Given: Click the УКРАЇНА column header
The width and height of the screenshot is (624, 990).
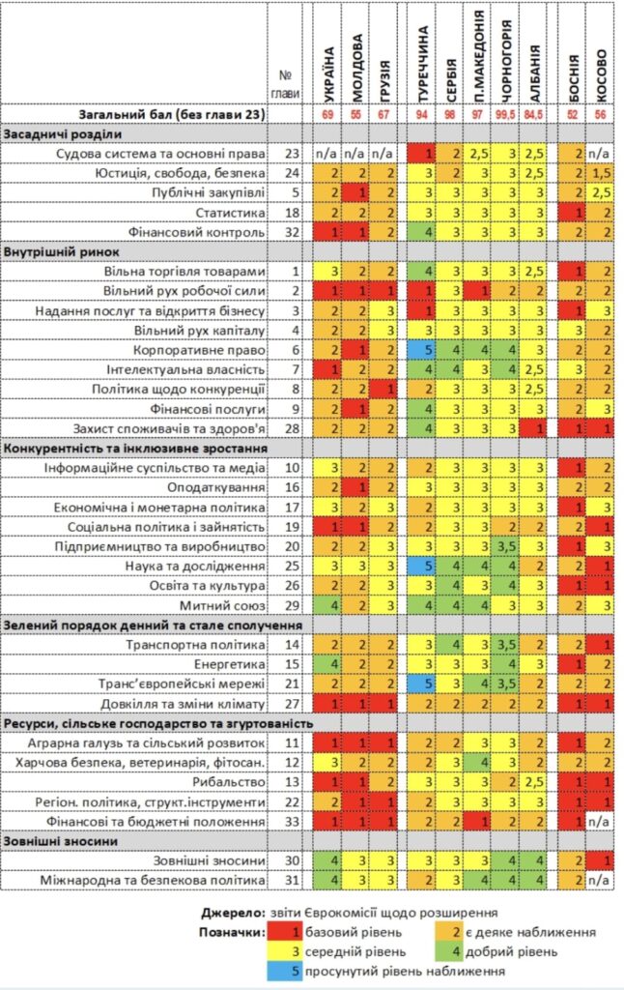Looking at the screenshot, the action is coord(328,74).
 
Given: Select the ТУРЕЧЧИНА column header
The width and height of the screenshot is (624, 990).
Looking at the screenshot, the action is coord(422,64).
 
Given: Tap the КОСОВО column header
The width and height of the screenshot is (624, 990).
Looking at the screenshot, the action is coord(600,75).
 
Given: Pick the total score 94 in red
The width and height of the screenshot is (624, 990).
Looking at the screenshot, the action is coord(422,114).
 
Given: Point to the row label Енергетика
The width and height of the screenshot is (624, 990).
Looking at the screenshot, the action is coord(230,664).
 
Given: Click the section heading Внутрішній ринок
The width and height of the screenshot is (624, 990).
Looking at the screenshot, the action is coord(61,252).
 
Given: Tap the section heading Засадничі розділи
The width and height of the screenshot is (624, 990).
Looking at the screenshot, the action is coord(63,133).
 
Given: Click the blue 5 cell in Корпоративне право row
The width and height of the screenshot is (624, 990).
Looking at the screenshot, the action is coord(422,350).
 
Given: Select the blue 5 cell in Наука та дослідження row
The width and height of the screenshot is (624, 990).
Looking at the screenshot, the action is coord(422,566).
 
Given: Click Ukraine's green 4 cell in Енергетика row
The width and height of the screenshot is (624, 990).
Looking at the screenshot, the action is coord(328,664).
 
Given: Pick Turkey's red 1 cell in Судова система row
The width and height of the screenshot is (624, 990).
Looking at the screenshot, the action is coord(422,154).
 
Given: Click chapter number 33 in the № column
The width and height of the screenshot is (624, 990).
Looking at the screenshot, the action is coord(292,822).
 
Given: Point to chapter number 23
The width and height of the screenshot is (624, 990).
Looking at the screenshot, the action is coord(292,154).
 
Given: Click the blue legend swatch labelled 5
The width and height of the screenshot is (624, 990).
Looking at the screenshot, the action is coord(284,971).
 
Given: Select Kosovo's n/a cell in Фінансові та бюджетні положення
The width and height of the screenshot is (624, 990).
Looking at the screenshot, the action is coord(600,822).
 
